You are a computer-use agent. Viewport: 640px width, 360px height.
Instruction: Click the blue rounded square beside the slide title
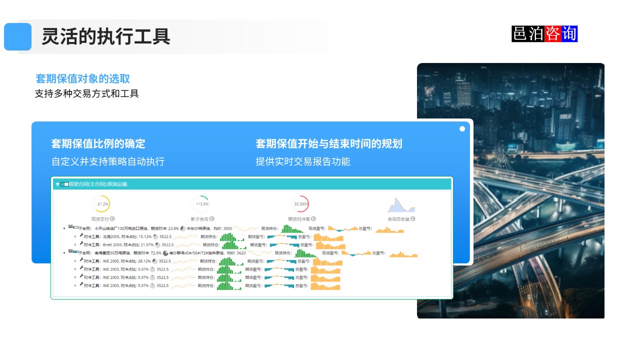pyautogui.click(x=17, y=36)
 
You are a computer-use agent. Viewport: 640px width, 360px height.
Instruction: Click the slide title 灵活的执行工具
pyautogui.click(x=105, y=36)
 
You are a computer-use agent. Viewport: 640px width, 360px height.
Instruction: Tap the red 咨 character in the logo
pyautogui.click(x=553, y=33)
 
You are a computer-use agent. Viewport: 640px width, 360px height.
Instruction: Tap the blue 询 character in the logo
pyautogui.click(x=569, y=33)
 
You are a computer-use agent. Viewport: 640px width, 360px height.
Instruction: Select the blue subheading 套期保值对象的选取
pyautogui.click(x=83, y=78)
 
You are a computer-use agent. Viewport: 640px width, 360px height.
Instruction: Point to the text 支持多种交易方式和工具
pyautogui.click(x=86, y=93)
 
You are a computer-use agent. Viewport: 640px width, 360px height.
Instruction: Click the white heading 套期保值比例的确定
pyautogui.click(x=98, y=144)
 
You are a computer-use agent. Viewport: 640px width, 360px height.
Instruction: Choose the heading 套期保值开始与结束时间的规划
pyautogui.click(x=328, y=144)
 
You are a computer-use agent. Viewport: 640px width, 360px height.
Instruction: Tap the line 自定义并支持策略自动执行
pyautogui.click(x=107, y=161)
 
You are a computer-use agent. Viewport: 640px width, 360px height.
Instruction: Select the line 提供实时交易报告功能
pyautogui.click(x=302, y=161)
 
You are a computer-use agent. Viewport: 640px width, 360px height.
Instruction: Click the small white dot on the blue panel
pyautogui.click(x=462, y=129)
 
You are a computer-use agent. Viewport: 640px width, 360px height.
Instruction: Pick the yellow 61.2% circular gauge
pyautogui.click(x=101, y=204)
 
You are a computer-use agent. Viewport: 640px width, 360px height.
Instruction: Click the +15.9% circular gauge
pyautogui.click(x=201, y=204)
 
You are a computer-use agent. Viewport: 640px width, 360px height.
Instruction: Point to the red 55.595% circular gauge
pyautogui.click(x=300, y=204)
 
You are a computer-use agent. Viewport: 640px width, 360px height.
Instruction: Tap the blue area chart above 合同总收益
pyautogui.click(x=401, y=205)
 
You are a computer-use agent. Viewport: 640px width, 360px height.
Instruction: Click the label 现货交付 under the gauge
pyautogui.click(x=100, y=219)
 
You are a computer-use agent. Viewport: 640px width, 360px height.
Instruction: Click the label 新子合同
pyautogui.click(x=200, y=219)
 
